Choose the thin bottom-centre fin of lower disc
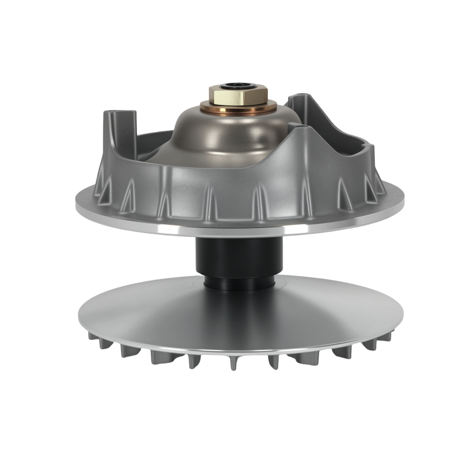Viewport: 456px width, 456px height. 233,363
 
